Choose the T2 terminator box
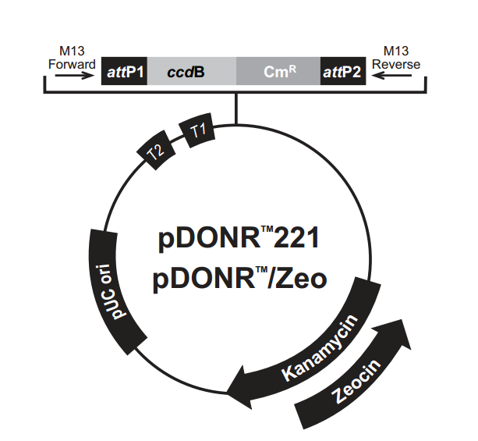[x=157, y=151]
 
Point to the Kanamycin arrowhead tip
[x=229, y=384]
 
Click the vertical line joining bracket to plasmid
[x=237, y=109]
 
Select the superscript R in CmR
[x=293, y=69]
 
